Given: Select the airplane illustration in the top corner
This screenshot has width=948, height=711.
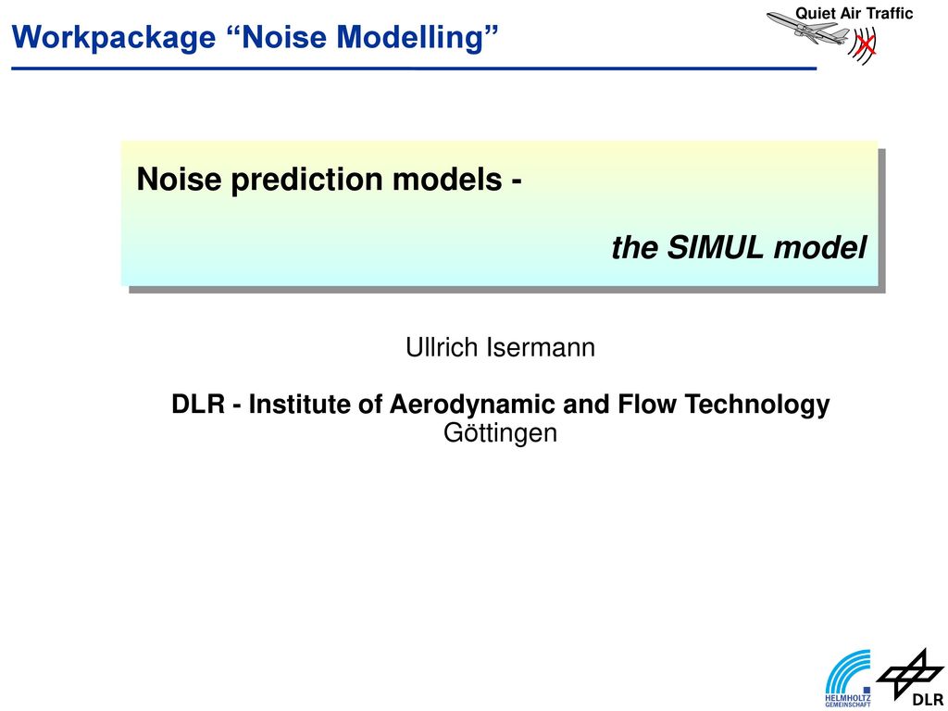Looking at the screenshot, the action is (x=807, y=27).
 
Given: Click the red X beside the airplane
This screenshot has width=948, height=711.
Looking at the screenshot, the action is (x=866, y=43).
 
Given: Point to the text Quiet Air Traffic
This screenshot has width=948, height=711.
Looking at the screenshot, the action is (x=854, y=13).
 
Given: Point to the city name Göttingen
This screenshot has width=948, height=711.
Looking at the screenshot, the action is (x=500, y=433).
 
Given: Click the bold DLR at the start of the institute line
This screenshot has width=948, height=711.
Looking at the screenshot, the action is (x=198, y=405).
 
